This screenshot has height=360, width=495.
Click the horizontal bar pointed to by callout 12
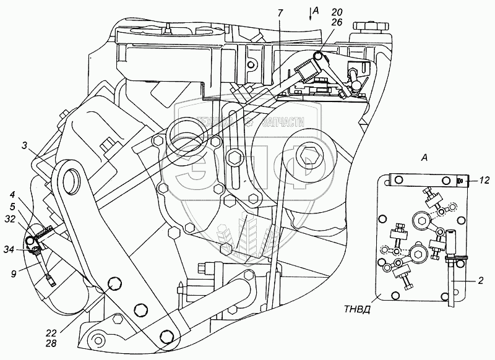pyautogui.click(x=421, y=180)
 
